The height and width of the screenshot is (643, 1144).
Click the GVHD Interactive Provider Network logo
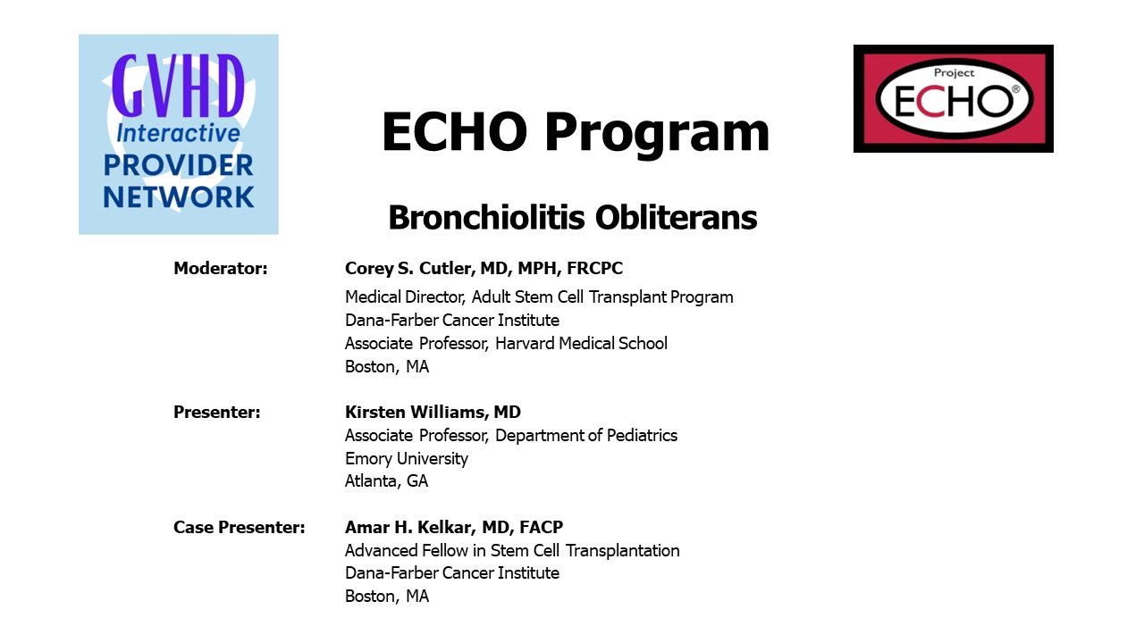(178, 134)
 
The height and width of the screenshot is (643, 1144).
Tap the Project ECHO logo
(953, 98)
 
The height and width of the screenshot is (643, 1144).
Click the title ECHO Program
(576, 133)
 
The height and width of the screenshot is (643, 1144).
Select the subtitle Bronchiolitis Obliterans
(573, 217)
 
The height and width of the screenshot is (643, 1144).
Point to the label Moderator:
(221, 268)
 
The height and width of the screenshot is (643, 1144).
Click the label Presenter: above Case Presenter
(217, 412)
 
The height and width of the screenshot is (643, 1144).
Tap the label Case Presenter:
(239, 527)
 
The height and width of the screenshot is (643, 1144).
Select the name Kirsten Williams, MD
(433, 412)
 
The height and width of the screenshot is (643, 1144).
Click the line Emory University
(407, 458)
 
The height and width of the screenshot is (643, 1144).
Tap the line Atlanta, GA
(387, 480)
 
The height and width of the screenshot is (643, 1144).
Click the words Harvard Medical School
(581, 344)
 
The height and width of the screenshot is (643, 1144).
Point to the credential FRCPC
(594, 268)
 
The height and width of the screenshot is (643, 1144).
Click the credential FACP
(541, 527)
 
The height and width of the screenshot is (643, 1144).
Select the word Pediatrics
(642, 435)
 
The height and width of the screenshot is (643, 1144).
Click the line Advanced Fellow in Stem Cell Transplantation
(512, 550)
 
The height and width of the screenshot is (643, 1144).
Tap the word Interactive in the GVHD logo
(178, 133)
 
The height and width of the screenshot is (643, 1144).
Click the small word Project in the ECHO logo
(954, 73)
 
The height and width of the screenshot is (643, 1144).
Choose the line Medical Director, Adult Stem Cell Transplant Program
(539, 296)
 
